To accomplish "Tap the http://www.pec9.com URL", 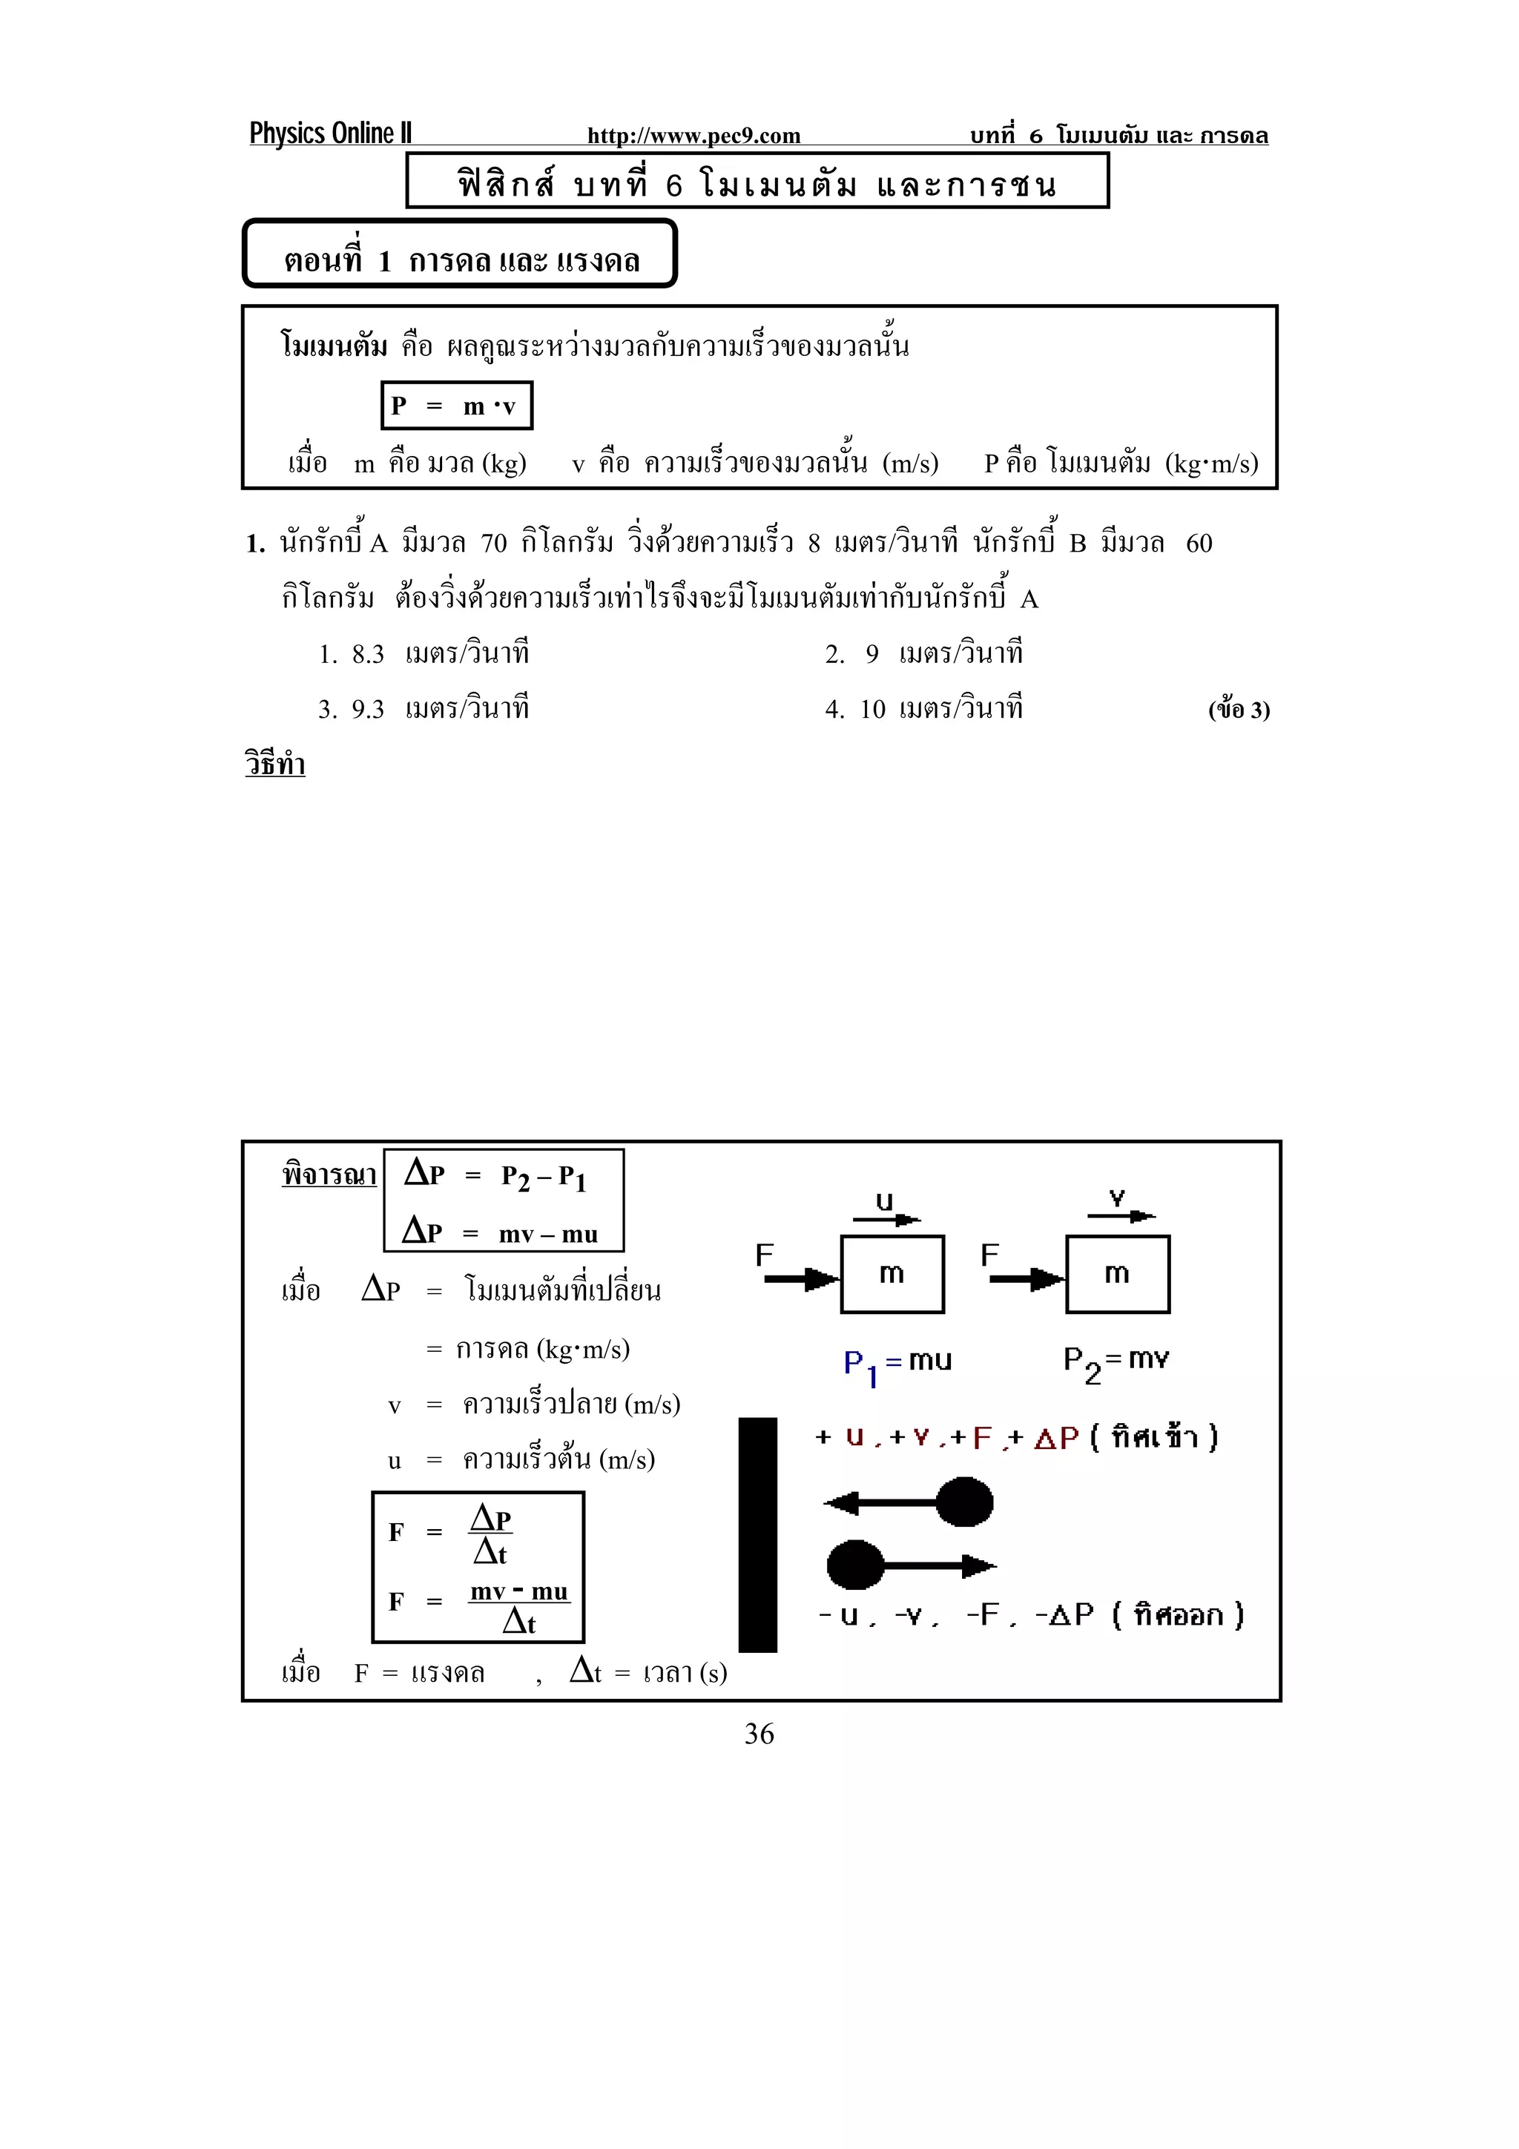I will point(693,136).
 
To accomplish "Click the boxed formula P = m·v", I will point(457,406).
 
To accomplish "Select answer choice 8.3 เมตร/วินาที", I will point(424,653).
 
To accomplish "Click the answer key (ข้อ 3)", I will point(1238,710).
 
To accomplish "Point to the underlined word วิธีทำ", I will point(275,765).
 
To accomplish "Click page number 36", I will point(759,1734).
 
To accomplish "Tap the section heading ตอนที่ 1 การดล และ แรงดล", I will point(461,260).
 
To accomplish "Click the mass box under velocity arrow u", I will point(892,1274).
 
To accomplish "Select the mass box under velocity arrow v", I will point(1118,1274).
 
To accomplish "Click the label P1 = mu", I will point(897,1363).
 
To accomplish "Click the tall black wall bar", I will point(757,1535).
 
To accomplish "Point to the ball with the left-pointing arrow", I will point(964,1502).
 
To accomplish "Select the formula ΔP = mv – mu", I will point(501,1232).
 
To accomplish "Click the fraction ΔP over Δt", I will point(490,1535).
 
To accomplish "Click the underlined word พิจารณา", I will point(329,1175).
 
